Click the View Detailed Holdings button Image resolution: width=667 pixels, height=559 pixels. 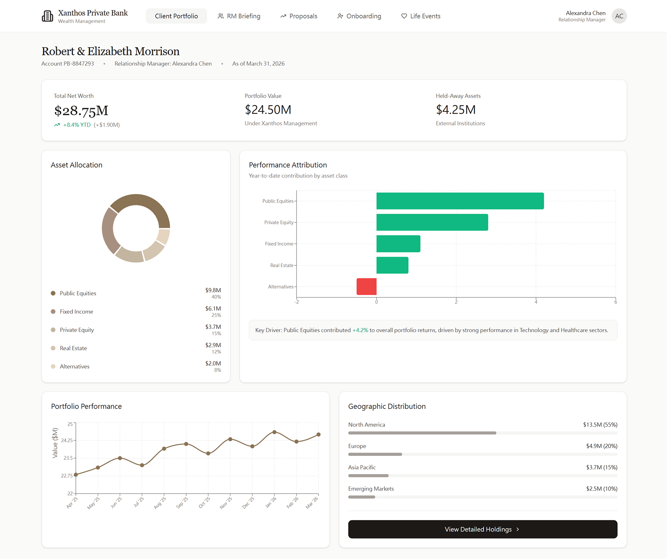[482, 529]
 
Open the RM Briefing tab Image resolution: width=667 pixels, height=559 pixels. [239, 16]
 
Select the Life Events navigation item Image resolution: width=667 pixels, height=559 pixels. [421, 16]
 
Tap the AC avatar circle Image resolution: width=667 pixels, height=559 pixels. [619, 16]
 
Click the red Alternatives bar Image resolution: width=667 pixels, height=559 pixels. [367, 287]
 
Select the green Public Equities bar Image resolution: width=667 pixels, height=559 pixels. [460, 201]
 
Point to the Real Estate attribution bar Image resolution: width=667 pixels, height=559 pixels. [392, 265]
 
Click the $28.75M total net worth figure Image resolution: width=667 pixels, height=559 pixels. [81, 111]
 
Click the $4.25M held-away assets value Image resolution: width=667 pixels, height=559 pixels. [456, 110]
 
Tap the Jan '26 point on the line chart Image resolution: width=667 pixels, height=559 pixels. [274, 432]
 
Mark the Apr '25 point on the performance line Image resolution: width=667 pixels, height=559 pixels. [76, 474]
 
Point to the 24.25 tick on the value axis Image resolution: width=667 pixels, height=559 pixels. [67, 440]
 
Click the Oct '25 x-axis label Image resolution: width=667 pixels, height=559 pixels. [204, 503]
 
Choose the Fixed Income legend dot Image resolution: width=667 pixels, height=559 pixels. [53, 311]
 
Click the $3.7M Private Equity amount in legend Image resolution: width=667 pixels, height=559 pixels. [213, 327]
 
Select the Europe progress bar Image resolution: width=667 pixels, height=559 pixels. [375, 454]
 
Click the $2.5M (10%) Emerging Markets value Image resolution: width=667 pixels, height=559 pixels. [601, 489]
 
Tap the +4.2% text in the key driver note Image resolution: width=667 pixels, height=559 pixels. [360, 330]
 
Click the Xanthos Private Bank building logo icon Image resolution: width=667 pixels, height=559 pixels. [47, 16]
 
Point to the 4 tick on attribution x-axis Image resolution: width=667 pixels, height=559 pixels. [536, 302]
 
